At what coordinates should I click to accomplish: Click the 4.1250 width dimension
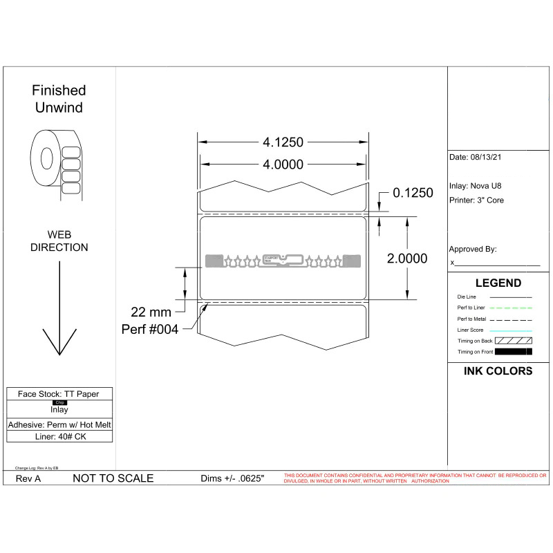click(283, 142)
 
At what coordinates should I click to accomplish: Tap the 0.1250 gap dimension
click(413, 193)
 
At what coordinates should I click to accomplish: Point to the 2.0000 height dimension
click(406, 259)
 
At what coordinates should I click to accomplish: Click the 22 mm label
click(151, 312)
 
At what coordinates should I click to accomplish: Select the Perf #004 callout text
click(150, 329)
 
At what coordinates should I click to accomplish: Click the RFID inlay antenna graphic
click(283, 261)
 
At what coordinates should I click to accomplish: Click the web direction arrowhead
click(59, 341)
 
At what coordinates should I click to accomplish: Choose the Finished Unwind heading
click(59, 99)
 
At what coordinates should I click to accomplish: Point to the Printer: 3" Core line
click(477, 200)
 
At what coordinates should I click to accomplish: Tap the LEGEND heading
click(498, 283)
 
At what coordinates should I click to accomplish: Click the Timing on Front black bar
click(514, 352)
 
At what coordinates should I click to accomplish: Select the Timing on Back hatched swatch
click(514, 341)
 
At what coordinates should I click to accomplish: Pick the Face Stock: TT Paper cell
click(59, 394)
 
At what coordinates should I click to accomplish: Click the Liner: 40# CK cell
click(59, 437)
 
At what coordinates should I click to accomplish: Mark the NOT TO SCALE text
click(113, 478)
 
